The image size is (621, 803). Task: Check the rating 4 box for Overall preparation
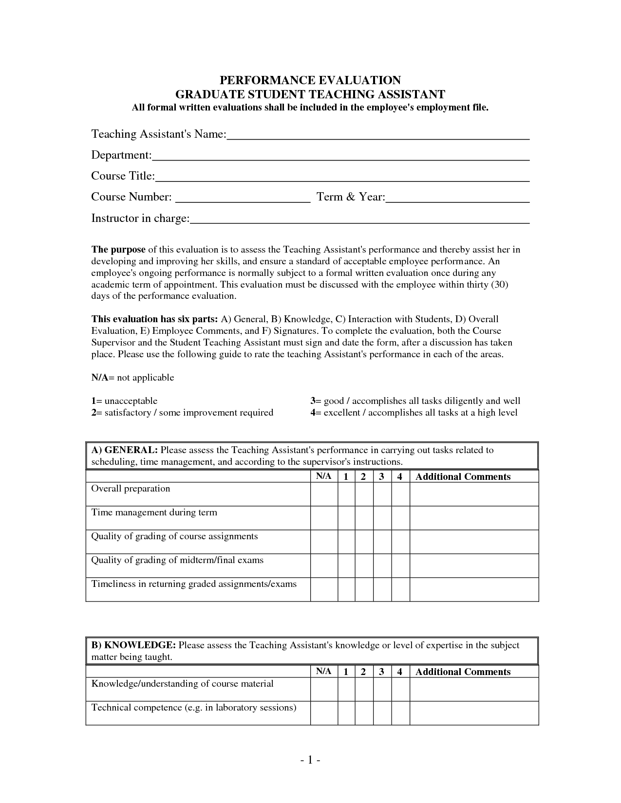click(400, 494)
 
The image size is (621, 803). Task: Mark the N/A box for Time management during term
click(324, 518)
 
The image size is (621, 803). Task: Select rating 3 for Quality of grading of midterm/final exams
click(382, 566)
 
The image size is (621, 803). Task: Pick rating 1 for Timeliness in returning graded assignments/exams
click(346, 589)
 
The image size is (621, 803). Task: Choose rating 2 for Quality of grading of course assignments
click(364, 542)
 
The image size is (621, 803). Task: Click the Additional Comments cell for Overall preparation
click(474, 494)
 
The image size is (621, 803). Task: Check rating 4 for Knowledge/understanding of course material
click(400, 689)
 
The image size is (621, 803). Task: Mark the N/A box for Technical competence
click(324, 713)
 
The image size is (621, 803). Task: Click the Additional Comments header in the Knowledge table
click(463, 672)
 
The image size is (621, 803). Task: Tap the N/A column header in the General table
click(324, 476)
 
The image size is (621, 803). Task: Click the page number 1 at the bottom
click(310, 760)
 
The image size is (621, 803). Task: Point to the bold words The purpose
click(118, 250)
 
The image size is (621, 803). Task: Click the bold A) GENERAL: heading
click(124, 450)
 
